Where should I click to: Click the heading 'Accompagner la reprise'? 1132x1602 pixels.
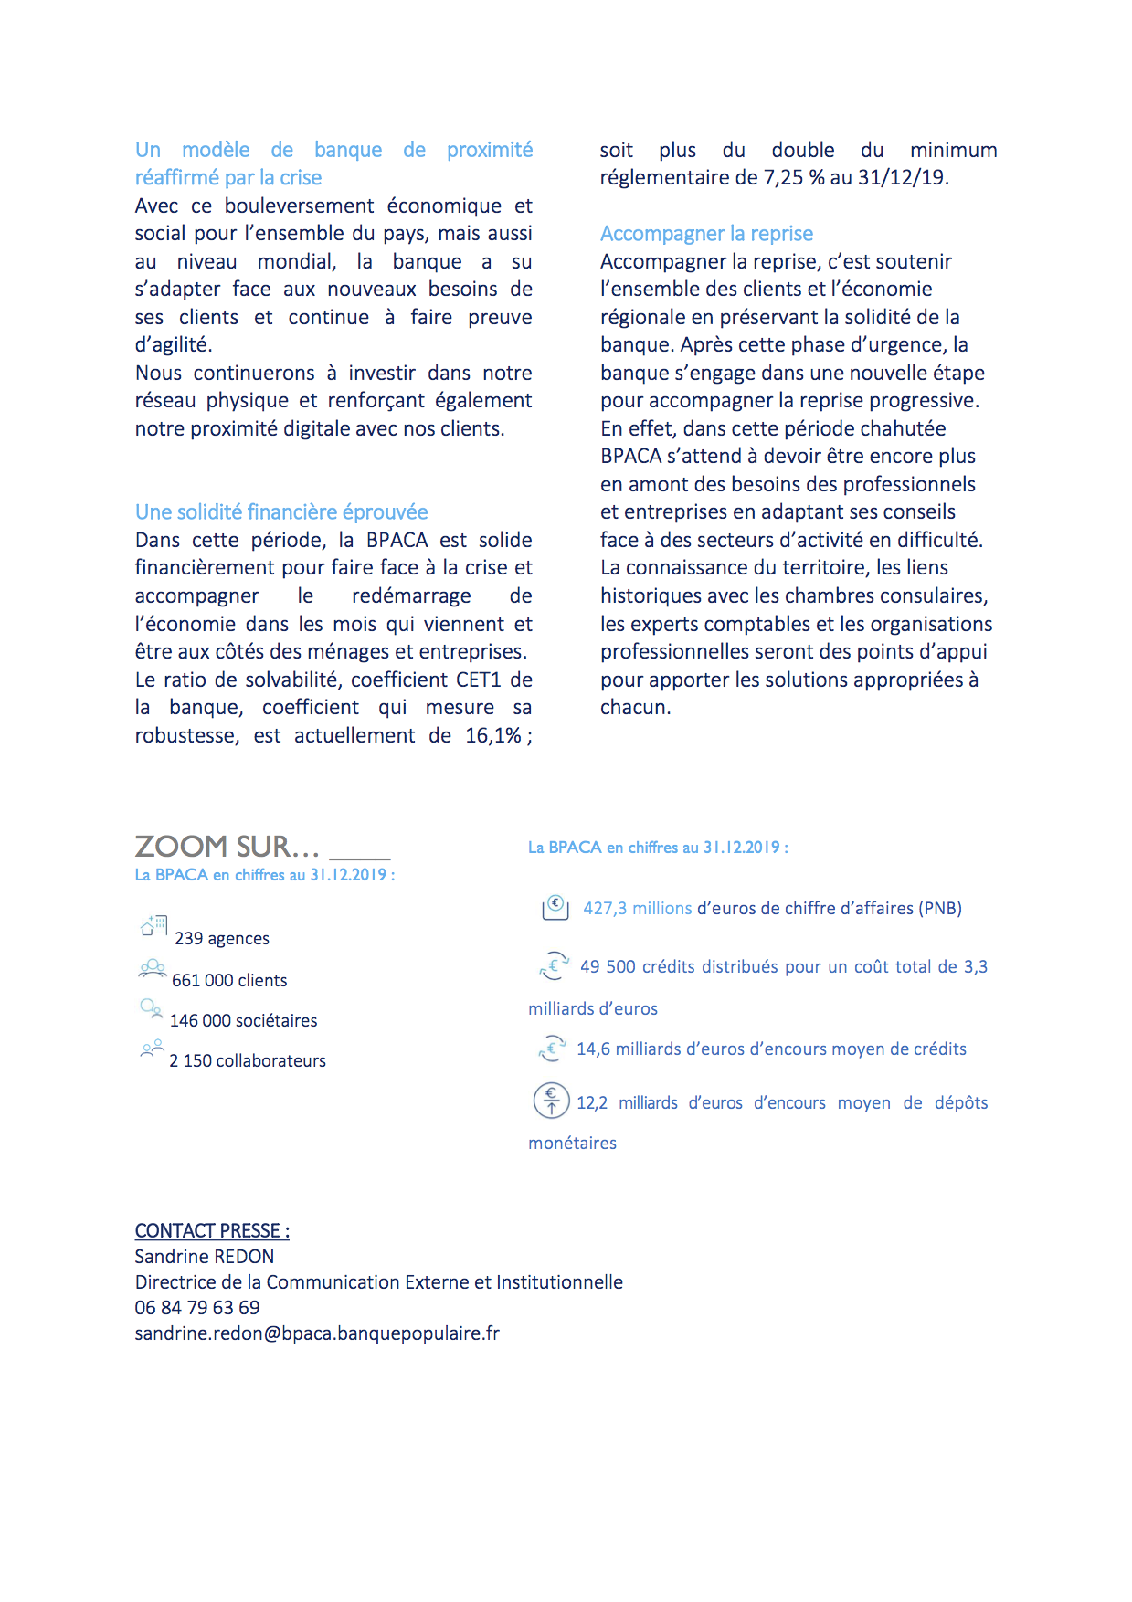click(706, 234)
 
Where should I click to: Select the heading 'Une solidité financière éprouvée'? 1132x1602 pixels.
click(281, 512)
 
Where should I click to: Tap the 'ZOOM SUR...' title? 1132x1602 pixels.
click(227, 847)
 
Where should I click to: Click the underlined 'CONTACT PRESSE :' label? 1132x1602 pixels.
click(212, 1230)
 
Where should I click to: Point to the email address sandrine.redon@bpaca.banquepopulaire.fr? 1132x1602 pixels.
click(317, 1333)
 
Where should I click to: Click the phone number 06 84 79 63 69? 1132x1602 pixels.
click(197, 1308)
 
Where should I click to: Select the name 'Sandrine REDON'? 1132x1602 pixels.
click(205, 1257)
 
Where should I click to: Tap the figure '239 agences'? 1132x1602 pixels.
click(222, 939)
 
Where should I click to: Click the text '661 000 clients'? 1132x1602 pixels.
click(229, 981)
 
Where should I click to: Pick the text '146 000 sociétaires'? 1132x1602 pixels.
click(244, 1021)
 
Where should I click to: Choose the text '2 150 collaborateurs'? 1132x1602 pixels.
click(248, 1061)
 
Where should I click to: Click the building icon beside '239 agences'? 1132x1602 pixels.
click(153, 926)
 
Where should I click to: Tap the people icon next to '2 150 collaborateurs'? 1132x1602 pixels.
click(152, 1049)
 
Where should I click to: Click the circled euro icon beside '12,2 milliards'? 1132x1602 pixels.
click(551, 1101)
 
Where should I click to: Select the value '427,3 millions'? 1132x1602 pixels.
click(638, 909)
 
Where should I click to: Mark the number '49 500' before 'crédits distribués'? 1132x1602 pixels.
click(608, 967)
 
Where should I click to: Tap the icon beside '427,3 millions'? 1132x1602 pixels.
click(555, 907)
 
